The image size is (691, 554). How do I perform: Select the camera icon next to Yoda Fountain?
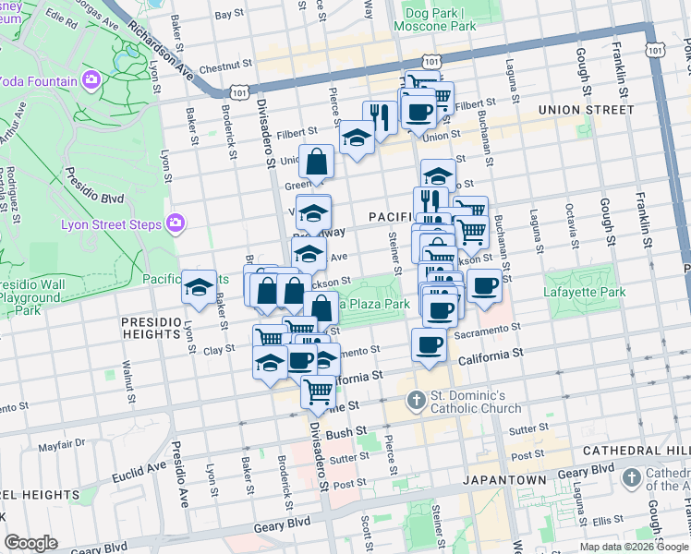click(91, 80)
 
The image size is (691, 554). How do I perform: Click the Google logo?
click(30, 543)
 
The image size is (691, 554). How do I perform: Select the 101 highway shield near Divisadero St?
click(240, 91)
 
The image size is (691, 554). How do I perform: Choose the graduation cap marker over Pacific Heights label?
click(200, 286)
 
